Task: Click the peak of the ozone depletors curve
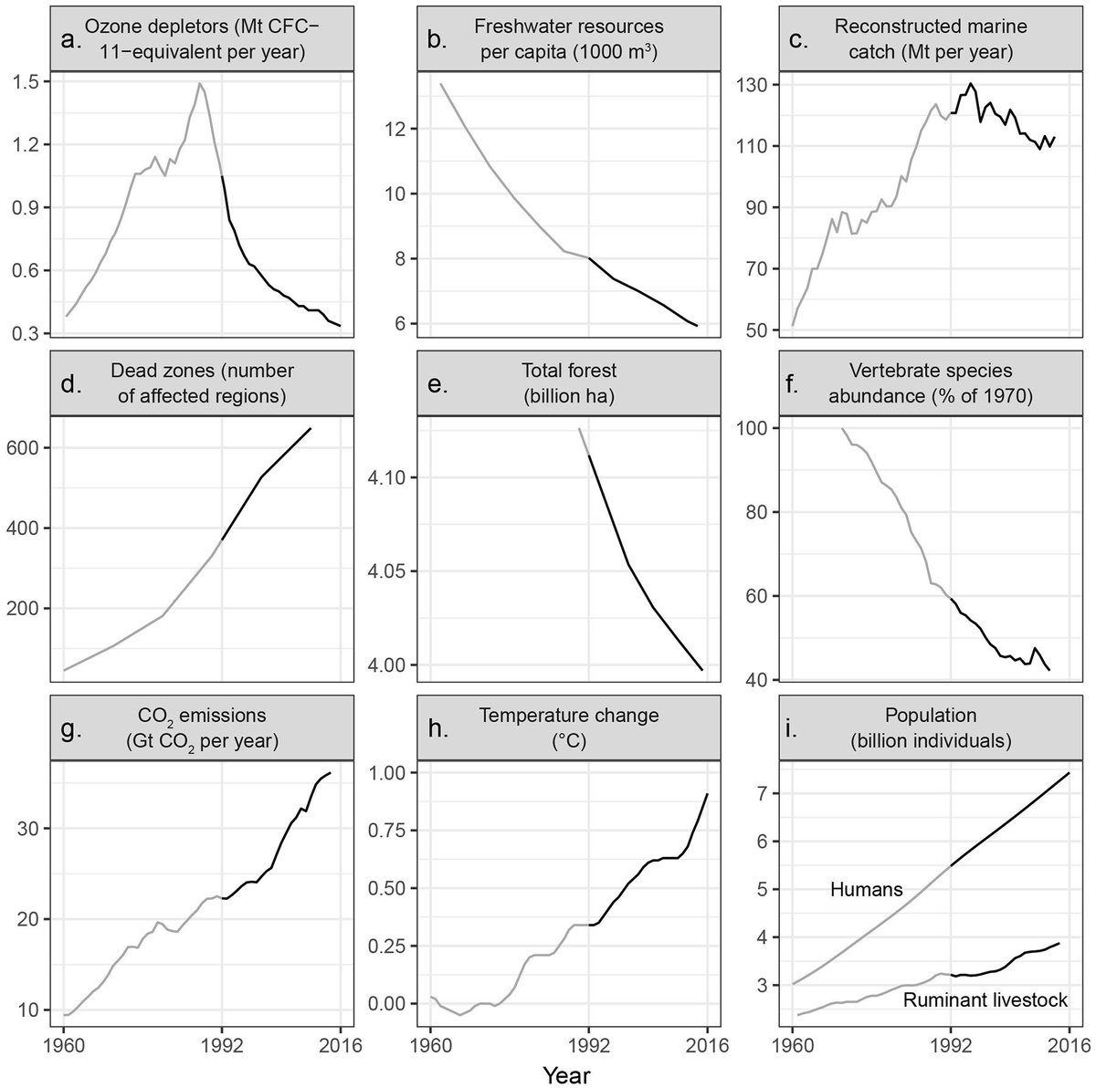[x=199, y=83]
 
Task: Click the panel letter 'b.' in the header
[x=437, y=40]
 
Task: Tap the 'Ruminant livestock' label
[x=985, y=1000]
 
